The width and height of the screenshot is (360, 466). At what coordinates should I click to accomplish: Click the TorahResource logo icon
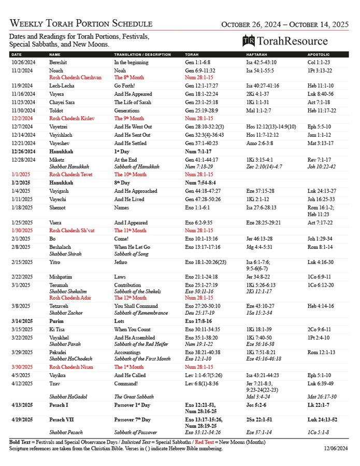point(249,41)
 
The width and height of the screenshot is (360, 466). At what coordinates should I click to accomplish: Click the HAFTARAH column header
point(257,54)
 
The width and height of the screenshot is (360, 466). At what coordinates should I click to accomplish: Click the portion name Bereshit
point(59,62)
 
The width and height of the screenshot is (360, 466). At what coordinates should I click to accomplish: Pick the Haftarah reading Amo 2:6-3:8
point(260,143)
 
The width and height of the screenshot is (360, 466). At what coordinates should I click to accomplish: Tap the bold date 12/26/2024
point(23,151)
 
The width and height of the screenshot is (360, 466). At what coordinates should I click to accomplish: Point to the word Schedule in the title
point(133,24)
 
